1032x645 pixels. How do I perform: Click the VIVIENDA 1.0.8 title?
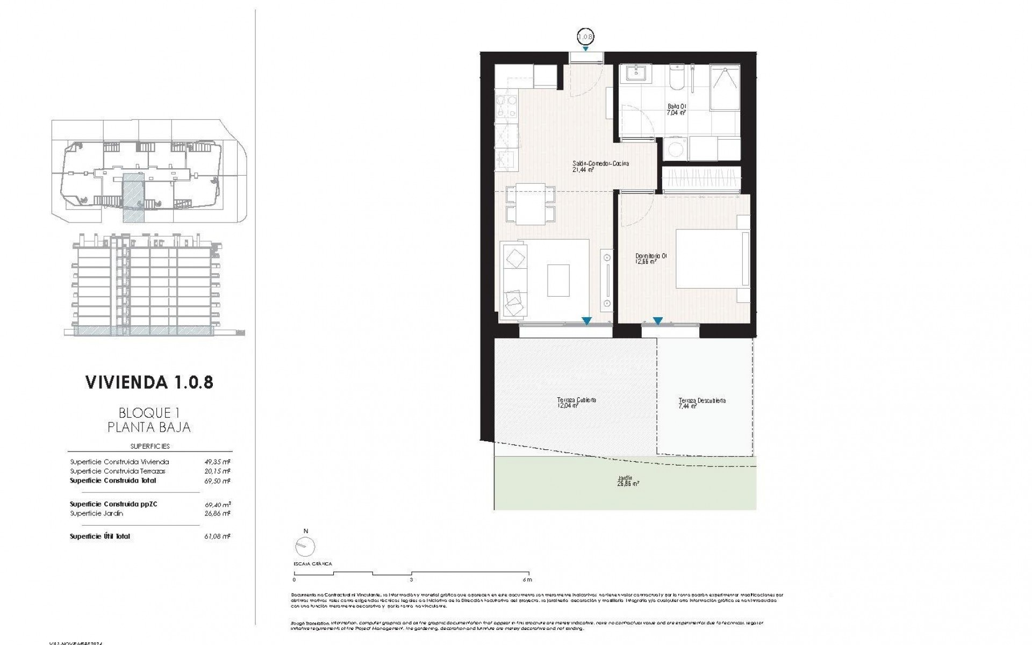[x=149, y=382]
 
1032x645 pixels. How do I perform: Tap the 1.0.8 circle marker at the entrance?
[x=585, y=37]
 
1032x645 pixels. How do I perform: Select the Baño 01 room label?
[x=675, y=110]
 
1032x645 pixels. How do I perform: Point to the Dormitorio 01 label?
[x=650, y=259]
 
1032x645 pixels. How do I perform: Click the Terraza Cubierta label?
[x=576, y=403]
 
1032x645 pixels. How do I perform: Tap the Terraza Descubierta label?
[x=701, y=403]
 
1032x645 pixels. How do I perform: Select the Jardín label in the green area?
[x=625, y=481]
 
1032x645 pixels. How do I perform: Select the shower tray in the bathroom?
[x=725, y=88]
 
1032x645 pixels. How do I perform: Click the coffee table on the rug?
[x=558, y=279]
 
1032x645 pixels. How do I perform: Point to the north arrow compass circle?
[x=305, y=547]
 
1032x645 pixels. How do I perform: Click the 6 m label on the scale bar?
[x=527, y=580]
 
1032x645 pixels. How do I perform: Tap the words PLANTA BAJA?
[x=149, y=428]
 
